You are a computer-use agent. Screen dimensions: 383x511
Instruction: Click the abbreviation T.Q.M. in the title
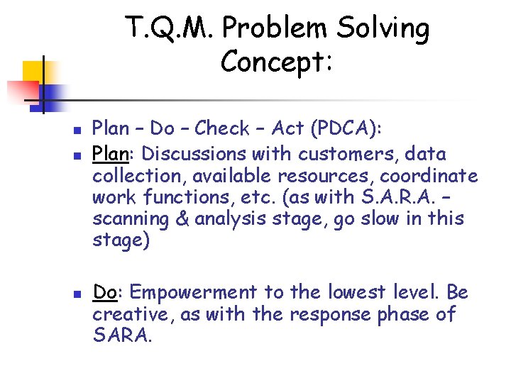pos(170,28)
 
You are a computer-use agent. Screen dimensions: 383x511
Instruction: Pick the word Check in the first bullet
pos(222,128)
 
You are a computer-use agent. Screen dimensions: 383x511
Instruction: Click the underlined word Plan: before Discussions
pos(111,153)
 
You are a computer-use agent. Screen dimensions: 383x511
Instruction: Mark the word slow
pos(375,219)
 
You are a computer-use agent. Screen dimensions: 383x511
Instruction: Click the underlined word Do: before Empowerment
pos(106,292)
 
